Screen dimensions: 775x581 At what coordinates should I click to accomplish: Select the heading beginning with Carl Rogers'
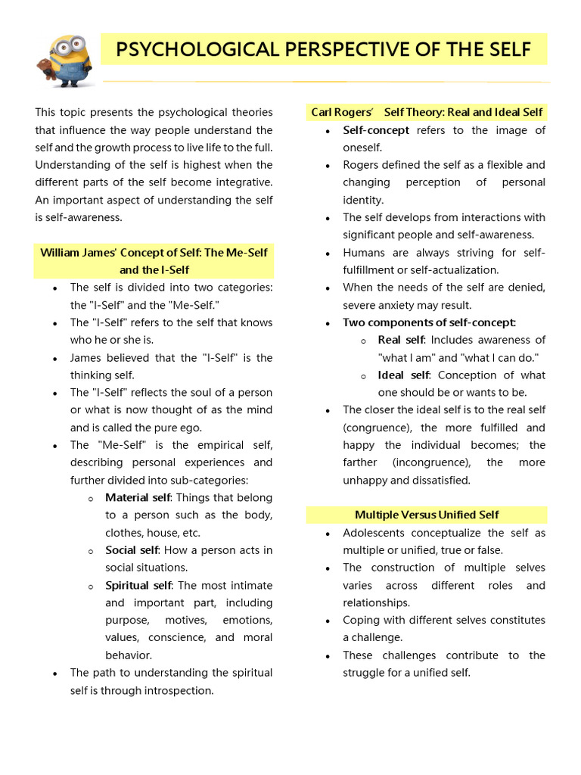coord(427,112)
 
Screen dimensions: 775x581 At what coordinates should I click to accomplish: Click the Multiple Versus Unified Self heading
coord(427,515)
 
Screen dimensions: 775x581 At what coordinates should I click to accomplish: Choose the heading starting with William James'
coord(154,260)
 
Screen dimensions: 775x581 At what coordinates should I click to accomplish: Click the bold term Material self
coord(138,498)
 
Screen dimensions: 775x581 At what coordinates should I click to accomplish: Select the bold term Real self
coord(401,340)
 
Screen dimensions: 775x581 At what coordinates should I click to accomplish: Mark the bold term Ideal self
coord(403,375)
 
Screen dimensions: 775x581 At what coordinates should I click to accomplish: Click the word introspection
coord(176,690)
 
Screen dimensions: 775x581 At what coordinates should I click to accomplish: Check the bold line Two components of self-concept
coord(430,322)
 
